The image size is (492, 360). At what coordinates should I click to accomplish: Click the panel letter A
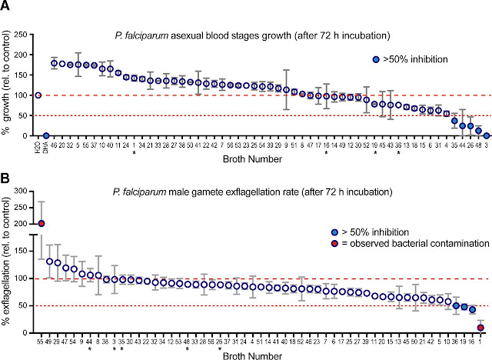[x=5, y=7]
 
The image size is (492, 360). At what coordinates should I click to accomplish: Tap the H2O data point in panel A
[x=38, y=95]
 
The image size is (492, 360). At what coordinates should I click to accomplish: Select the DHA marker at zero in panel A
[x=46, y=135]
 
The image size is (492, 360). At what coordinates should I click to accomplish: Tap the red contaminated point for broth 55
[x=42, y=224]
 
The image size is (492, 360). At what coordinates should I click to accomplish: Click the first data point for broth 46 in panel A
[x=55, y=63]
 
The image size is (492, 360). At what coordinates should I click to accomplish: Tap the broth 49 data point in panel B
[x=50, y=261]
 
